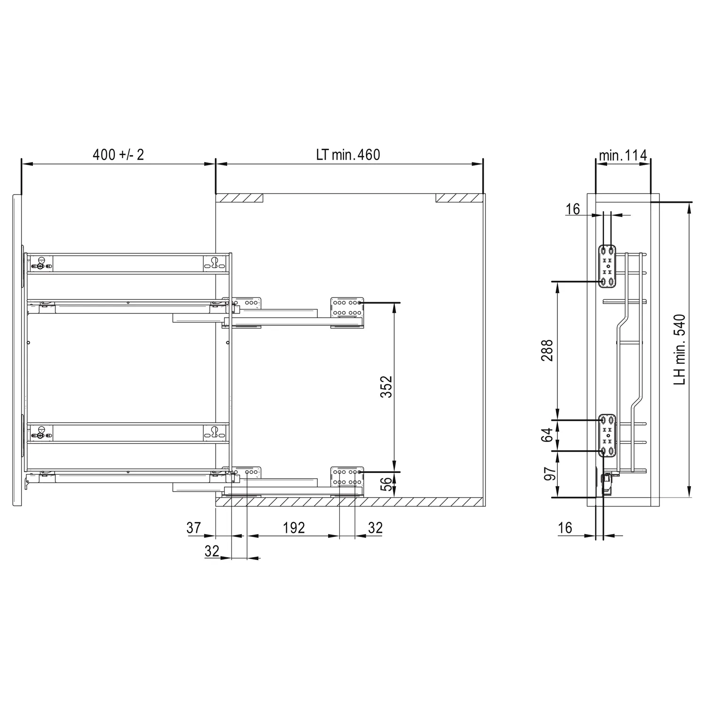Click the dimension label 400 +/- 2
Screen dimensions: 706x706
(118, 154)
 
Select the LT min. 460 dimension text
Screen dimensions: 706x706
(348, 154)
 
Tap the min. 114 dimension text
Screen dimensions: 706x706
(623, 155)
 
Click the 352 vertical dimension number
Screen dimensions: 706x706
(386, 386)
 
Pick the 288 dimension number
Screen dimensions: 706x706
(547, 350)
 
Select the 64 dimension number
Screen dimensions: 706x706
(547, 435)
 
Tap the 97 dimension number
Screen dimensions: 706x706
(550, 473)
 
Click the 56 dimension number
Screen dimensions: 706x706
(386, 484)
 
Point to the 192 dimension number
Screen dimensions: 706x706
(294, 528)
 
